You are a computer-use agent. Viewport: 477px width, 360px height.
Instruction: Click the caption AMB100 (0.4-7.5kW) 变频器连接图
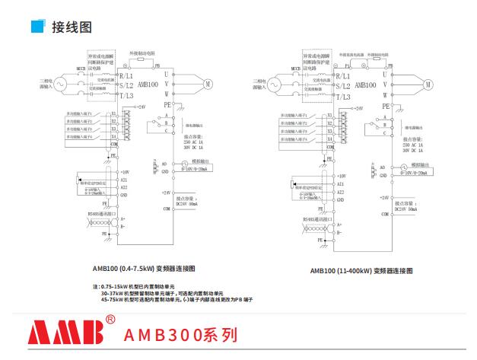click(x=144, y=269)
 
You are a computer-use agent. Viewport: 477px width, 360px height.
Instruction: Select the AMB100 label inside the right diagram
click(x=368, y=86)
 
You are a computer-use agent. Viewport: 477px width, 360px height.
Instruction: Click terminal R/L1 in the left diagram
click(x=126, y=76)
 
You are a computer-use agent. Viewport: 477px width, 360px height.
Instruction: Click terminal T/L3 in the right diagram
click(x=343, y=97)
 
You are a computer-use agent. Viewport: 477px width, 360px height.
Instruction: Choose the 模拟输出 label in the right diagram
click(x=421, y=164)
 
